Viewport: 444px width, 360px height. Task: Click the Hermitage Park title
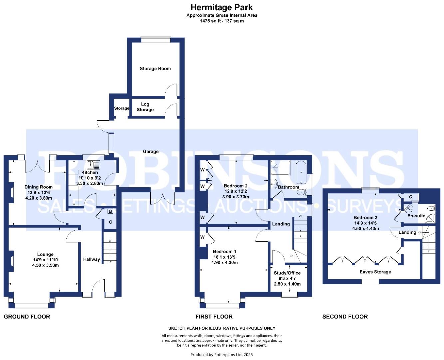point(222,7)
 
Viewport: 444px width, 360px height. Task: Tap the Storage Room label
point(155,69)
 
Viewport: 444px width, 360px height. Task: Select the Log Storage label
point(145,107)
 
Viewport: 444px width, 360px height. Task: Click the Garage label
point(151,151)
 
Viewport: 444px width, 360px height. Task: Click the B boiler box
point(110,211)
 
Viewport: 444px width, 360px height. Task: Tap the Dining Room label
point(38,187)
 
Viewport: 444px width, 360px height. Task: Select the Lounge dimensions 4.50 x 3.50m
point(45,265)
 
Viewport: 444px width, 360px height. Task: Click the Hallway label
point(91,259)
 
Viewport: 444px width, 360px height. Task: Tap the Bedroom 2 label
point(235,186)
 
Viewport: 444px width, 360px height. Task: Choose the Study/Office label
point(287,273)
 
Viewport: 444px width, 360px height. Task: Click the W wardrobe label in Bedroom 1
point(202,237)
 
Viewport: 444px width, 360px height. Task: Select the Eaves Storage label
point(375,272)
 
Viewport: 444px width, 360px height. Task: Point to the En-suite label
point(416,216)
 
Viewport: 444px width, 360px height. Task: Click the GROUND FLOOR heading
point(27,317)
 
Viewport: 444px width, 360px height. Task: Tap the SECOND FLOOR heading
point(345,317)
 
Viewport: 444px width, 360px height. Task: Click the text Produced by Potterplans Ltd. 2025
point(222,355)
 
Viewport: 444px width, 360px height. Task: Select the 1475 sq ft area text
point(210,21)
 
